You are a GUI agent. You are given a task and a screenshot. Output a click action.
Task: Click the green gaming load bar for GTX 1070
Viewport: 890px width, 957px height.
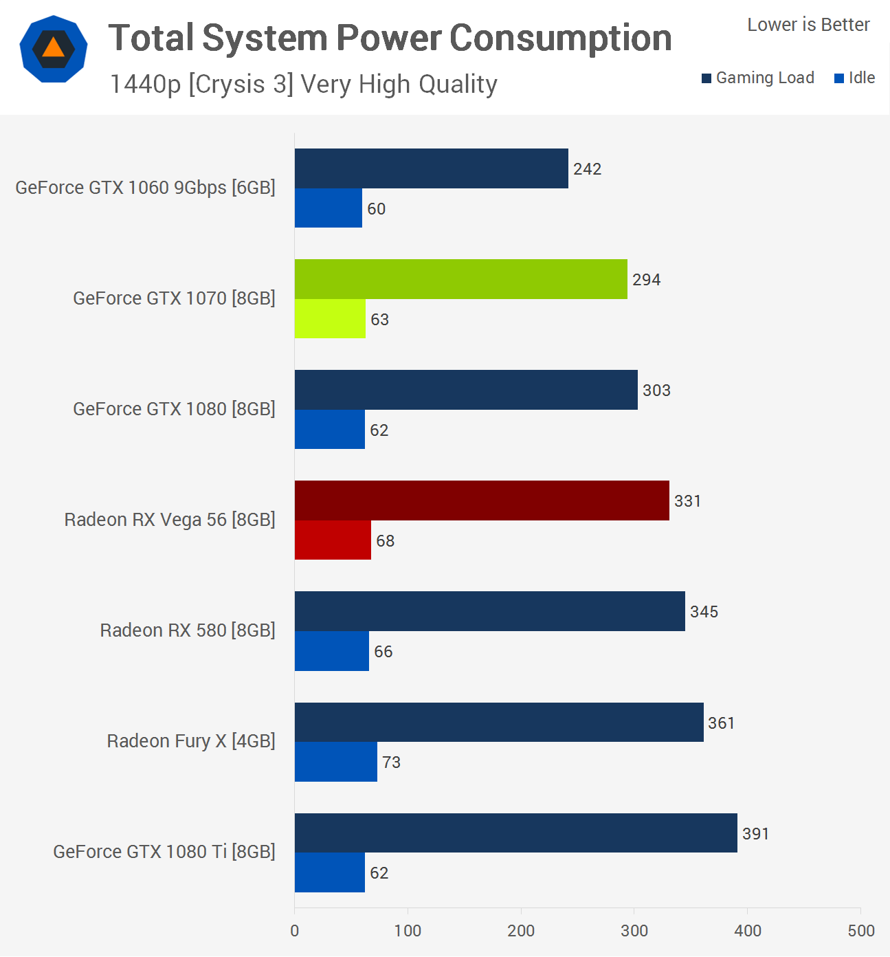point(460,279)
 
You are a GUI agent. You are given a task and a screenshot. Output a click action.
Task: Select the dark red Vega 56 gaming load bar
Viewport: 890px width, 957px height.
point(481,500)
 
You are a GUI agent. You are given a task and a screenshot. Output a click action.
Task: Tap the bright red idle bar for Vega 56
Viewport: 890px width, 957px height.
point(333,540)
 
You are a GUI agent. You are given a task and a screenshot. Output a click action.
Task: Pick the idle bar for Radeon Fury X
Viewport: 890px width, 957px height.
point(335,762)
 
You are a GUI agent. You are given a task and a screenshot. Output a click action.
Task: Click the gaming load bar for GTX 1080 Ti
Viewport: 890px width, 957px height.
point(515,833)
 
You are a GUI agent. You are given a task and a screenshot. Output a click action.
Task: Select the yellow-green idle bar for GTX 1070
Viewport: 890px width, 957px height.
point(330,319)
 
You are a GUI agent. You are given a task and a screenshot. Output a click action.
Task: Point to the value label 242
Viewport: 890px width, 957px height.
point(587,169)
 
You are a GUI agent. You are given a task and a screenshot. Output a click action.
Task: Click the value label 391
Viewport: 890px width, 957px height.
point(755,834)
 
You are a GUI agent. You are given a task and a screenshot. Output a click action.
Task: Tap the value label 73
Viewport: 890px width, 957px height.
point(391,762)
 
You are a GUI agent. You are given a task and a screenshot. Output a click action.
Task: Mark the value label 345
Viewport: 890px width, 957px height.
point(704,612)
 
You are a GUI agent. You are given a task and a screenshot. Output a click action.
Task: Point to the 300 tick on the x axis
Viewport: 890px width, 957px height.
point(634,931)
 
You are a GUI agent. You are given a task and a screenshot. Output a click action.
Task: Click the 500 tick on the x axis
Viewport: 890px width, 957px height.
point(860,931)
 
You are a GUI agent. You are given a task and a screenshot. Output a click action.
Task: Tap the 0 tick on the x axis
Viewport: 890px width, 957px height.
point(295,931)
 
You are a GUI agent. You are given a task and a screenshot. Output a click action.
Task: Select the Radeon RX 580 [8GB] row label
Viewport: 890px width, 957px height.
point(188,630)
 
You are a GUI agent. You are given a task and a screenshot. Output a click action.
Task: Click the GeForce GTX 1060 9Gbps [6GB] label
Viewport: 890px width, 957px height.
point(145,188)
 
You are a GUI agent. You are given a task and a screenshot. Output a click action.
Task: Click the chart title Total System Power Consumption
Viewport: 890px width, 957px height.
point(390,38)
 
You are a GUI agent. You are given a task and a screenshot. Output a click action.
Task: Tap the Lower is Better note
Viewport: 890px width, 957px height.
point(808,25)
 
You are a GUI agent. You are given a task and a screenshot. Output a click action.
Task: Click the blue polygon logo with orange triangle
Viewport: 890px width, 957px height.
point(54,49)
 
